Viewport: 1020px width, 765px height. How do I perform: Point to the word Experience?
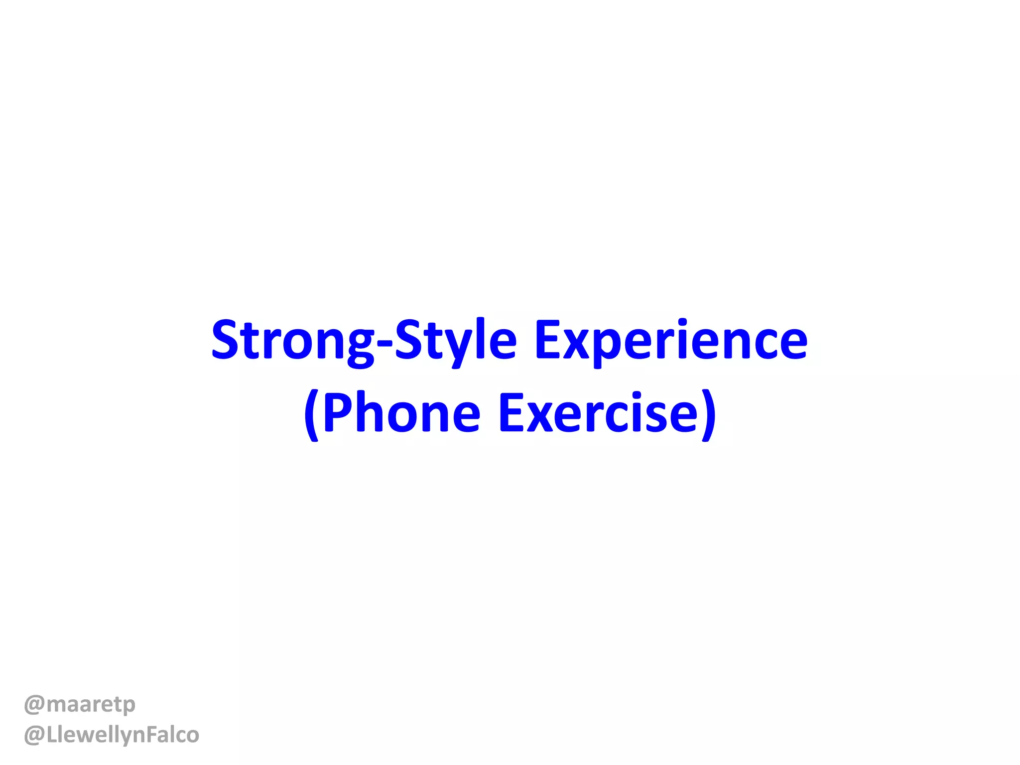tap(670, 341)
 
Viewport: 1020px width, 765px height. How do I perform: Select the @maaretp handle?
tap(80, 704)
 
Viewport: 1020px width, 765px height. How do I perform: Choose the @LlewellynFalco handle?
tap(112, 735)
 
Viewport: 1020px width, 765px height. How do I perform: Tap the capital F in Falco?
tap(151, 734)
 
